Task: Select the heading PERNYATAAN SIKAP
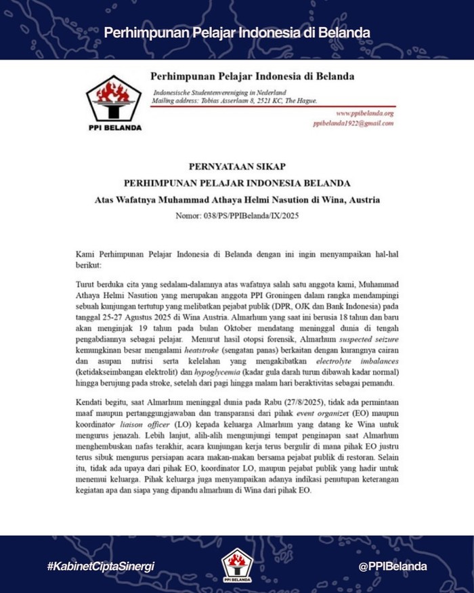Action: pos(236,165)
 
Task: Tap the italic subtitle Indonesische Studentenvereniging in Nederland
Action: pos(220,92)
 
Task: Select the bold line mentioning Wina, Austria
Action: pos(236,200)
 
